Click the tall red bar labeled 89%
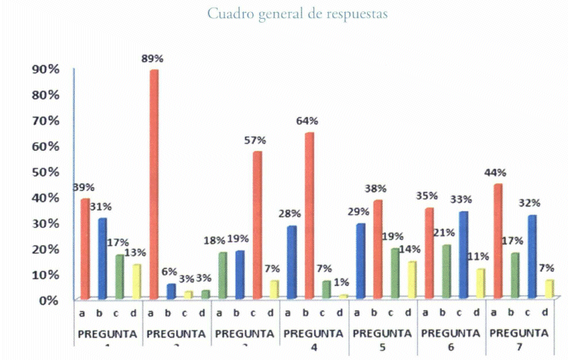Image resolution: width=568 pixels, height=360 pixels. (x=154, y=184)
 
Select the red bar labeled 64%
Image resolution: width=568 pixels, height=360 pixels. (x=309, y=216)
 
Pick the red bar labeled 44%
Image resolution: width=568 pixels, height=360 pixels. (x=498, y=242)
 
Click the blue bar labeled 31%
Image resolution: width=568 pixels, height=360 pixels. (x=102, y=258)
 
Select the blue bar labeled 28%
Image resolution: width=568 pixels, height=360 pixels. (x=292, y=262)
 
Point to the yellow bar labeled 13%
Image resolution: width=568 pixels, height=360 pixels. (x=137, y=281)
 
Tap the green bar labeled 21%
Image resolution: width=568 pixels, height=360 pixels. (x=446, y=271)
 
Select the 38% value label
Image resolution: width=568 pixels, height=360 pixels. (x=375, y=188)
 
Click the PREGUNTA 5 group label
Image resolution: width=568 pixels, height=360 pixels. (x=382, y=338)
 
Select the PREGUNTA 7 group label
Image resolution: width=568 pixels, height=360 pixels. (x=519, y=338)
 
